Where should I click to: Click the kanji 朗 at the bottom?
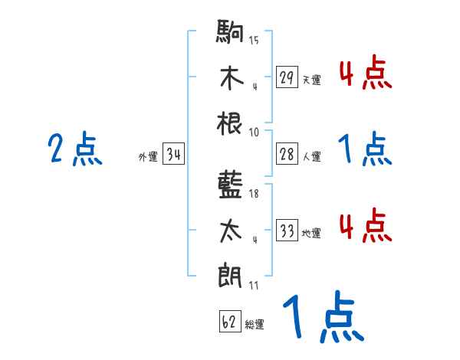(x=231, y=273)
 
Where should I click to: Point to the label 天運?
(x=311, y=80)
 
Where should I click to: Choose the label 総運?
(x=255, y=324)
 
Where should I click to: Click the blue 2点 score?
(x=74, y=149)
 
